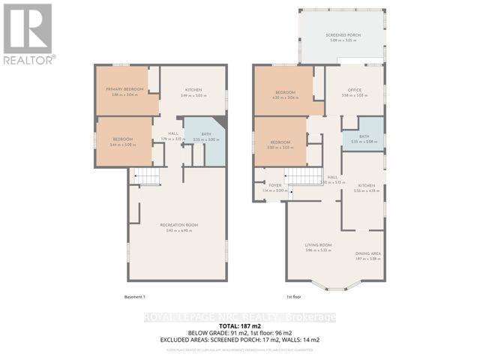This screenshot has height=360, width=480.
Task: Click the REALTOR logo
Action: tap(28, 33)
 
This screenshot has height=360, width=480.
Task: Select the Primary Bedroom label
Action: tap(124, 89)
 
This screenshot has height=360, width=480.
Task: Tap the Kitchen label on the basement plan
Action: tap(193, 89)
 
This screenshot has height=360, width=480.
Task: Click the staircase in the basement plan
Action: tap(147, 177)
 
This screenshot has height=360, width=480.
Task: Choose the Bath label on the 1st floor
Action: tap(364, 136)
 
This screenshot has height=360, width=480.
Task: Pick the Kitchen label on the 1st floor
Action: tap(366, 185)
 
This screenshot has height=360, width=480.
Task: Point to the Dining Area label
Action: tap(368, 253)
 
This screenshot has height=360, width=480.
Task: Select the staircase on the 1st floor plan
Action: tap(305, 176)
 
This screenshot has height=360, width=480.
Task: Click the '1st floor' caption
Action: tap(295, 297)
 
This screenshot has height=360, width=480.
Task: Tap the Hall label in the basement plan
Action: tap(172, 133)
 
